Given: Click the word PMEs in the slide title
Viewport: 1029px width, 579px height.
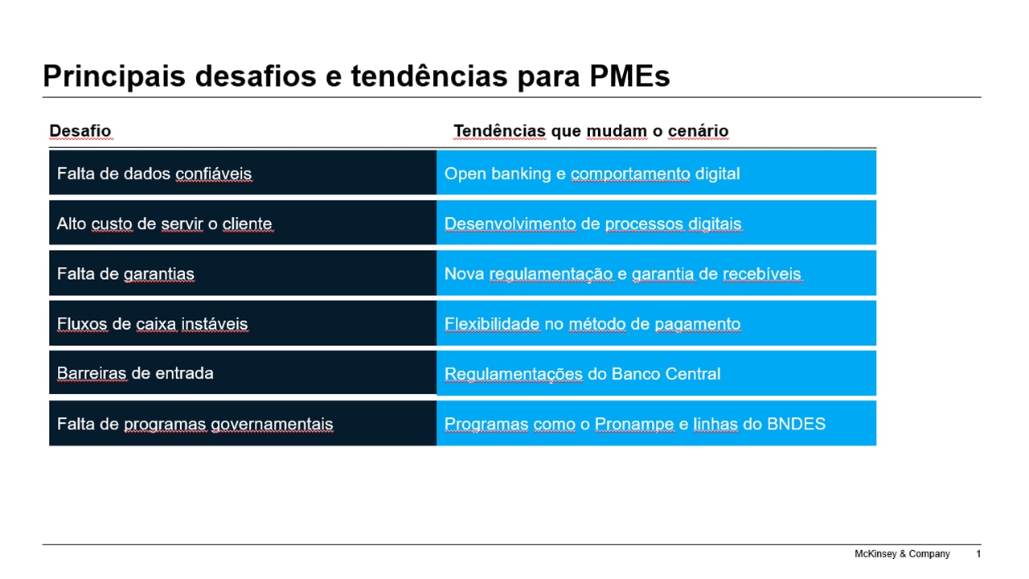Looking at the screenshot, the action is point(629,76).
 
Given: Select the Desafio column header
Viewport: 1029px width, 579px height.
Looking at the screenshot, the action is point(80,131).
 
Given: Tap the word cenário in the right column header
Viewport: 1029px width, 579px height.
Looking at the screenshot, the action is point(698,131).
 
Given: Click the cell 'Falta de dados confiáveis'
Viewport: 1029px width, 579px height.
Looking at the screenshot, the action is point(243,173).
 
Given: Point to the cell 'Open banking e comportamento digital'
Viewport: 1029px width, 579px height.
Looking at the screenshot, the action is point(656,173).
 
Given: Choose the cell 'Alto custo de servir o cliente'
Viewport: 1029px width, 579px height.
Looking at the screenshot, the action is point(243,223).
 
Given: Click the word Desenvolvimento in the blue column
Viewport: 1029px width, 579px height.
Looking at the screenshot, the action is point(510,224).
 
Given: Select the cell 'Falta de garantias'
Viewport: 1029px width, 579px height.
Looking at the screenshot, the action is point(243,273).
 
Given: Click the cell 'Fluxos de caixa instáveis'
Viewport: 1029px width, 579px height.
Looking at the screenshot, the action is point(243,323).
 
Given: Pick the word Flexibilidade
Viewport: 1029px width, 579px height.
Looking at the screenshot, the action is point(491,324).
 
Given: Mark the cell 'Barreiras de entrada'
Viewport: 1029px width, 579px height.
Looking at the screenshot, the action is point(243,372).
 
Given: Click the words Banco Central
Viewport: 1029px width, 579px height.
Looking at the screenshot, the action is point(666,374).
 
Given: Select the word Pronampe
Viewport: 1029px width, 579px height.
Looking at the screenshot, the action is point(634,424).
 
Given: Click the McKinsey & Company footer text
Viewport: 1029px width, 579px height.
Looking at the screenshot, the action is point(902,554).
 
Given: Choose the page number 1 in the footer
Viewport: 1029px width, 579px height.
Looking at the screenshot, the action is point(978,554).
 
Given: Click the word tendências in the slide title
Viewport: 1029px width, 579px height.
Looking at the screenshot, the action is point(429,76).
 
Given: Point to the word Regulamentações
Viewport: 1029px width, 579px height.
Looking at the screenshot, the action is point(513,375).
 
